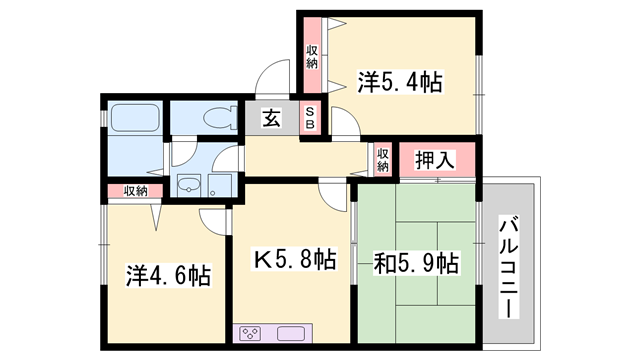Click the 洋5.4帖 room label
pos(399,82)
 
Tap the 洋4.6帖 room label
pos(167,275)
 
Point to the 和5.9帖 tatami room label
pos(416,264)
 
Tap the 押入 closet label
pos(435,158)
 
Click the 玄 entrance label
pos(271,118)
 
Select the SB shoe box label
pos(310,118)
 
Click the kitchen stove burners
pos(250,333)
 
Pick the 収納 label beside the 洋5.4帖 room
pos(312,56)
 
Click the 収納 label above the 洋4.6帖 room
pos(136,191)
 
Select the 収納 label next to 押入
pos(383,160)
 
